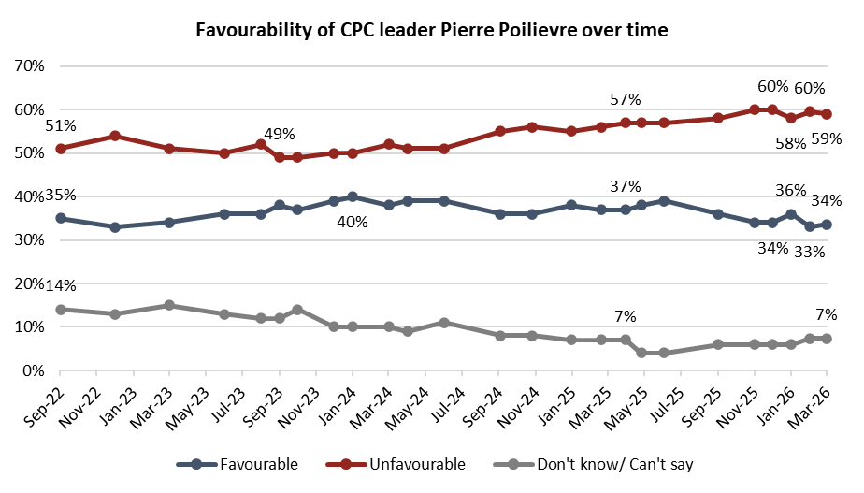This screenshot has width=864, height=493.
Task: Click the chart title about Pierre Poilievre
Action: [431, 29]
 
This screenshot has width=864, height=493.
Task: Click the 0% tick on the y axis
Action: [35, 371]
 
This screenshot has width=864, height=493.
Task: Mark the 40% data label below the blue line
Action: [353, 223]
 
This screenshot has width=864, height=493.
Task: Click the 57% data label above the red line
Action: [625, 99]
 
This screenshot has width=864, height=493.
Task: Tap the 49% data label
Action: [279, 134]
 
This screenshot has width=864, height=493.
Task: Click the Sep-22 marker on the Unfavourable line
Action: [61, 149]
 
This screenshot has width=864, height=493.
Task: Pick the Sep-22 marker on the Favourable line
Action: [61, 218]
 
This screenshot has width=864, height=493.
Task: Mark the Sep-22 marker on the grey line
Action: [61, 310]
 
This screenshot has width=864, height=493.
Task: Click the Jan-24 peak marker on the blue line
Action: [353, 196]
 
